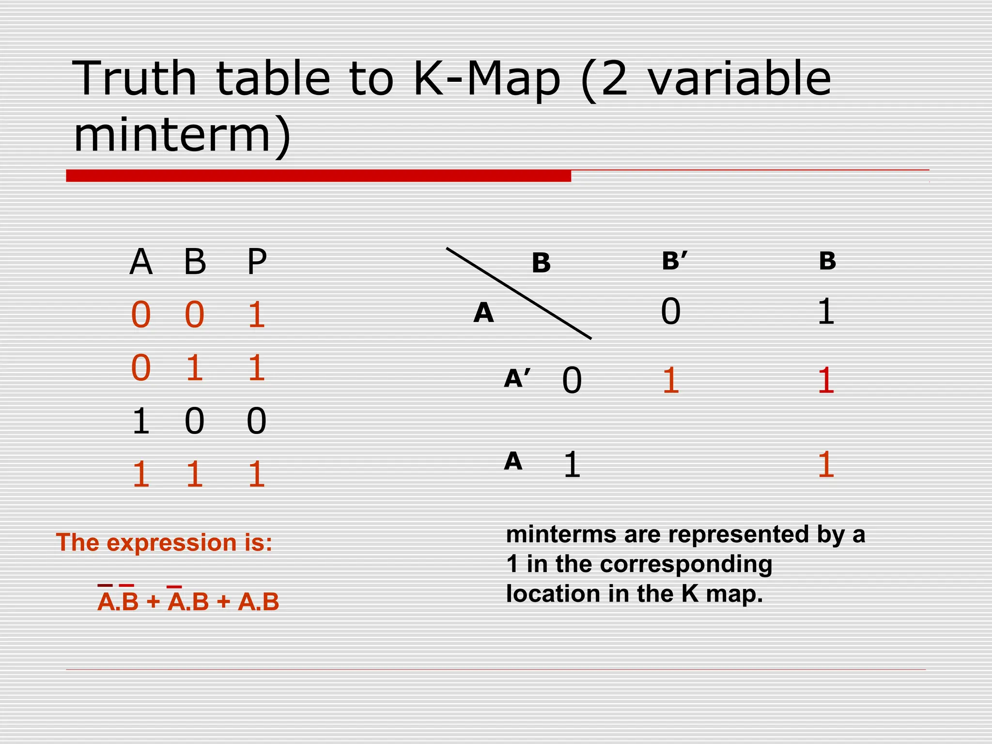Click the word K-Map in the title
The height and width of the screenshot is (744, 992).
486,79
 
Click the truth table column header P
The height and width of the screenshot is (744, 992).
257,262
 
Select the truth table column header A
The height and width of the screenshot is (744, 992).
141,262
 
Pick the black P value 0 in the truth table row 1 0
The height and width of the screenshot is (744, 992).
256,421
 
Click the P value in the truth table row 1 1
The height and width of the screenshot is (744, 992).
256,474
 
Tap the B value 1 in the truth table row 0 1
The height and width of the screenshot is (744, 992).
194,368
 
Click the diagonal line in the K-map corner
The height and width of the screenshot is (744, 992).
518,293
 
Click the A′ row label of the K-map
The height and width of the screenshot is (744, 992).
517,379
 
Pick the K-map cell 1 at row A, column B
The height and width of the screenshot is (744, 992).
826,465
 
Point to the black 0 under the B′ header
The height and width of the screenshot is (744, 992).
671,311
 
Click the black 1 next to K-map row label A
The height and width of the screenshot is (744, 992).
572,465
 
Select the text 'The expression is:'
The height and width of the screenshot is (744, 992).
164,542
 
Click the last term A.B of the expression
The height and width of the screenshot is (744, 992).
259,602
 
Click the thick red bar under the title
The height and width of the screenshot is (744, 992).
318,175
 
